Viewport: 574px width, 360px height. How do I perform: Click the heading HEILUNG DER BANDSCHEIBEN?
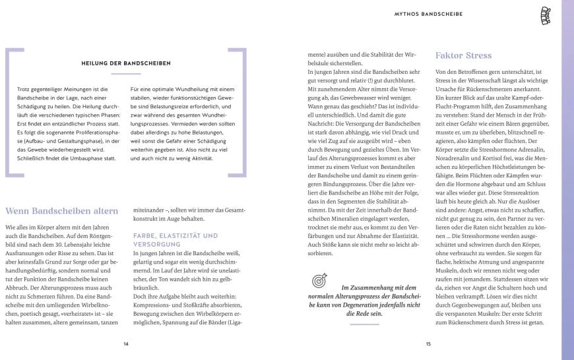coord(126,63)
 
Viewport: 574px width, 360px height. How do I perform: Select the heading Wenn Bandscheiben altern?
coord(62,211)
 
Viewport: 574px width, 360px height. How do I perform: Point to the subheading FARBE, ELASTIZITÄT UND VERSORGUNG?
coord(175,239)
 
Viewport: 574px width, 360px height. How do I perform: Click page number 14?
coord(126,344)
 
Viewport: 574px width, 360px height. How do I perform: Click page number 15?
coord(428,344)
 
